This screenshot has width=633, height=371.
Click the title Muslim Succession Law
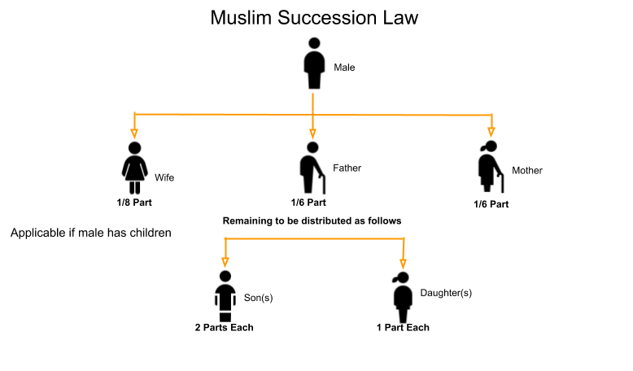314,17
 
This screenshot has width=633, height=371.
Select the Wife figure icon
134,167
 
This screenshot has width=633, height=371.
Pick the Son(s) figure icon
225,295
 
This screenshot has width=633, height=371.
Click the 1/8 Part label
134,201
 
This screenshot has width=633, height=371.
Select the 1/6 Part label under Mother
491,203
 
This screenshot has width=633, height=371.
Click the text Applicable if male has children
91,234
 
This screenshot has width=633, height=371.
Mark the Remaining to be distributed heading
312,220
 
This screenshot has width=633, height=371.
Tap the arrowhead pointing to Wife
134,132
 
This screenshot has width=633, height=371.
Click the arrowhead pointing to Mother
491,130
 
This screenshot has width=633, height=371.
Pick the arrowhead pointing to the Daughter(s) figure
403,263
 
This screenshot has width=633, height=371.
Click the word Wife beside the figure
164,177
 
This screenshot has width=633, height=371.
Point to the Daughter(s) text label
445,292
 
